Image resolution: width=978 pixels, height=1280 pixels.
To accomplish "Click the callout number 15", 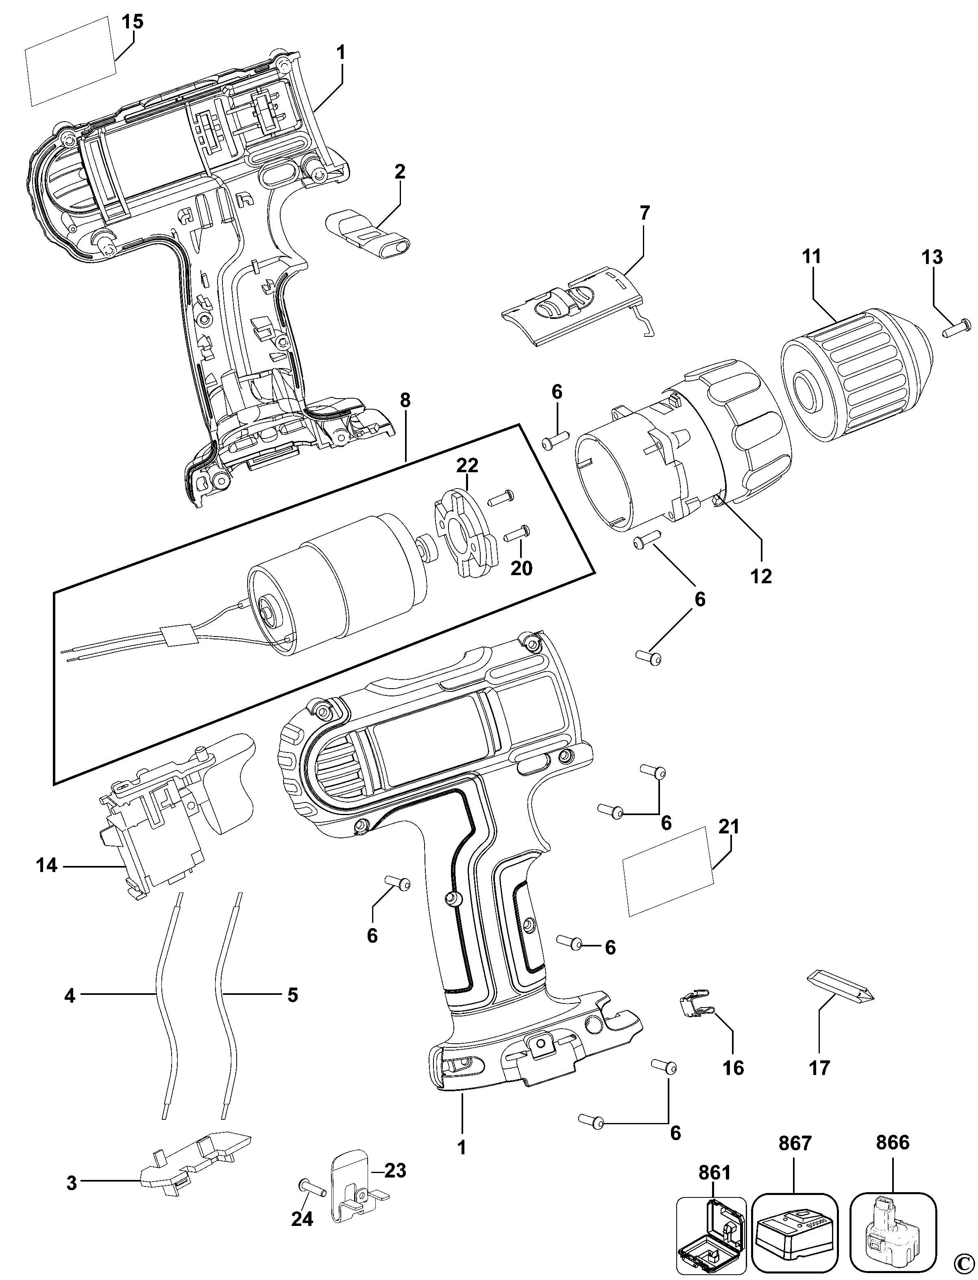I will pyautogui.click(x=133, y=22).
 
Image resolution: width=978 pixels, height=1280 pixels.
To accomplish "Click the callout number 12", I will pyautogui.click(x=761, y=576).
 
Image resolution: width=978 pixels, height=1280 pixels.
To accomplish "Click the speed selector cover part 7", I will pyautogui.click(x=573, y=310).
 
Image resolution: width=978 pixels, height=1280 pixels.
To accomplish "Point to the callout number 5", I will pyautogui.click(x=292, y=995).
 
